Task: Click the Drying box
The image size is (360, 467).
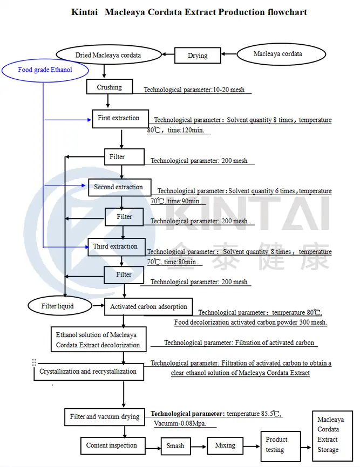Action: [198, 56]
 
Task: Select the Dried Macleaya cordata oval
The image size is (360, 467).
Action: [108, 55]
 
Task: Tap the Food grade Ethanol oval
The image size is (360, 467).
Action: [45, 70]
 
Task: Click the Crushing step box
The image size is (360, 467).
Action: [110, 87]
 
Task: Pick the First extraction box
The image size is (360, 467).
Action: [119, 118]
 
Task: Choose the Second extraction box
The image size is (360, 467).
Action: [119, 188]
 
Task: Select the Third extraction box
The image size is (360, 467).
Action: [115, 247]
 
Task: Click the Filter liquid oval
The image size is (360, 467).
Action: [58, 306]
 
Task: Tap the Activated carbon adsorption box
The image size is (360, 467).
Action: [148, 307]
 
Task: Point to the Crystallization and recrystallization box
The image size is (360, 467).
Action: [88, 372]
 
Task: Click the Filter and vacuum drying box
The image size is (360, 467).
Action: [105, 417]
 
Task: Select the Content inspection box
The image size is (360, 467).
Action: [112, 445]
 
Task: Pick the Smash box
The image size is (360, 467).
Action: [175, 446]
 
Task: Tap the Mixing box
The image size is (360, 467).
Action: [225, 445]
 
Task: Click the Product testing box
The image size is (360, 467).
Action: [276, 445]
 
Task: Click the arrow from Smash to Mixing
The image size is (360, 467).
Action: [198, 446]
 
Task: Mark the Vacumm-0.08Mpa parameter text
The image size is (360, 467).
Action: [184, 424]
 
